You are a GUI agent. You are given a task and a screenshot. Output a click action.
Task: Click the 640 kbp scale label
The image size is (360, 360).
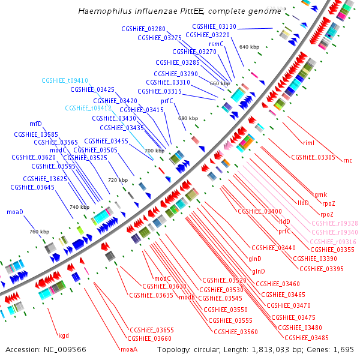(248, 46)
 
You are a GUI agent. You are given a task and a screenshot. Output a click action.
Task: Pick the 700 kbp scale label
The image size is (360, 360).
(154, 151)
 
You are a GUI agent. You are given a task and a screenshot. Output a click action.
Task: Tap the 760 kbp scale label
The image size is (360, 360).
(39, 232)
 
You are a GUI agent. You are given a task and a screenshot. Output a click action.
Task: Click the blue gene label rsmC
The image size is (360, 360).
(216, 43)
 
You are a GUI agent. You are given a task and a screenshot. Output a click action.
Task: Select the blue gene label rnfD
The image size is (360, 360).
(35, 124)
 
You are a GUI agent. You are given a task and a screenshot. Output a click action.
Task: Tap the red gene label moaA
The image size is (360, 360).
(129, 349)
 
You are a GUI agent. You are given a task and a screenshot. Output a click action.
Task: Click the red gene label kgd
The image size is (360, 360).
(63, 335)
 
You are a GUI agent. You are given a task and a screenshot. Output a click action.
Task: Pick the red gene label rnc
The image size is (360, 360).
(347, 160)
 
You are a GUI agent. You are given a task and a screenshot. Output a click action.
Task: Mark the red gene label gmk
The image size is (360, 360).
(321, 194)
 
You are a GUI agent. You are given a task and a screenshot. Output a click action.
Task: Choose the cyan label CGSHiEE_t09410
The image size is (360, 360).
(65, 80)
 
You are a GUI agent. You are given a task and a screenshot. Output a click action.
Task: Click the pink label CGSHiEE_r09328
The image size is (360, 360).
(335, 223)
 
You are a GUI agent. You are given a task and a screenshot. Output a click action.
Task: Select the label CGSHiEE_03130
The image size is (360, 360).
(214, 26)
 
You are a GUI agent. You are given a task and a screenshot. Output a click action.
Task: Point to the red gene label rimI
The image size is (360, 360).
(309, 142)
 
